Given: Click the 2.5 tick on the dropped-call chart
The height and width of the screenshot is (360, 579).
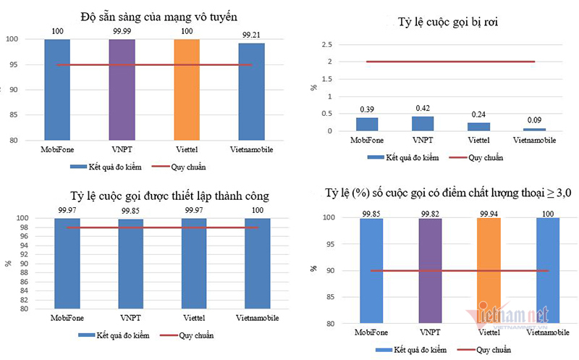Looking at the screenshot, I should click(328, 45).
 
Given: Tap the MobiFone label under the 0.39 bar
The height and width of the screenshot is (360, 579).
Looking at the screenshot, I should click(367, 141).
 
